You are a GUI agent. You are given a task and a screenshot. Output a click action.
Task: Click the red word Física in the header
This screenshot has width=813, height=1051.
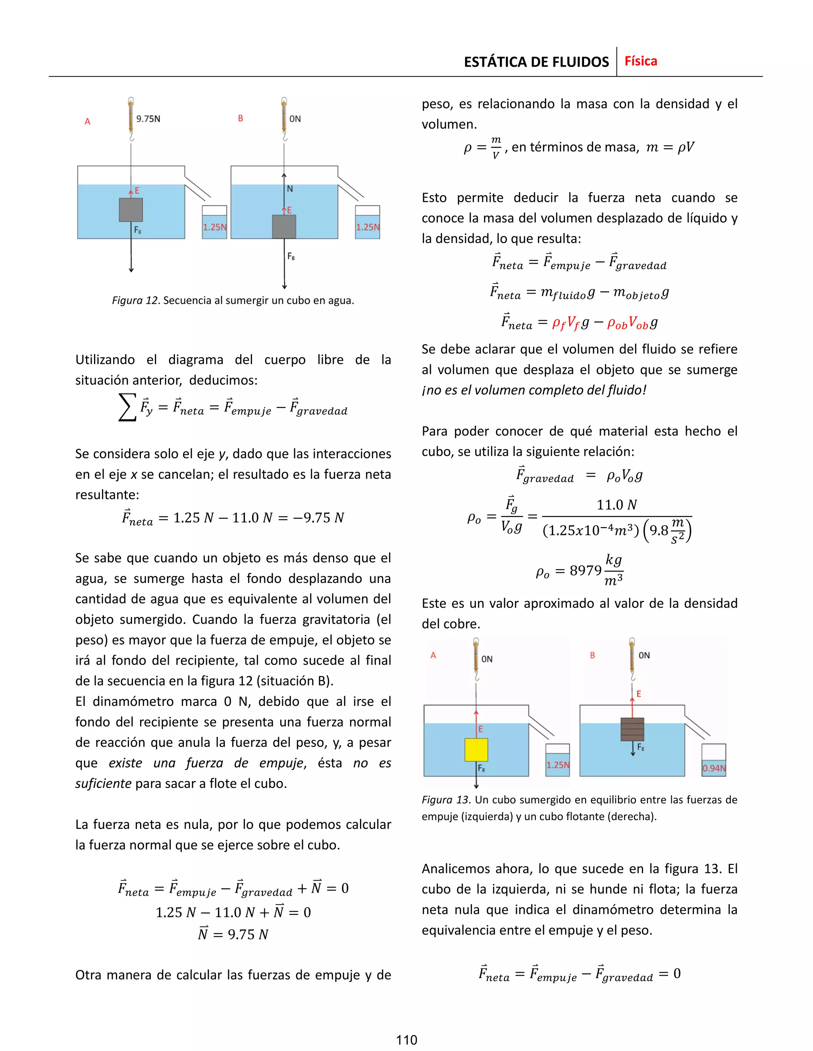coord(641,61)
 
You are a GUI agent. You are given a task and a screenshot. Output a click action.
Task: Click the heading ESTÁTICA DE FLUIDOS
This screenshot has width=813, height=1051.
coord(536,62)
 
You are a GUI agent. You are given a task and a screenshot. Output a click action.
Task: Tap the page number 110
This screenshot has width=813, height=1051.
coord(406,1040)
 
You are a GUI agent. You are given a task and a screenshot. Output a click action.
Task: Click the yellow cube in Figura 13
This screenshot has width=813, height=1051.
coord(476,750)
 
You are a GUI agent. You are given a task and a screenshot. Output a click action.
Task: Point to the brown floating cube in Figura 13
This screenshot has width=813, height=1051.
coord(632,729)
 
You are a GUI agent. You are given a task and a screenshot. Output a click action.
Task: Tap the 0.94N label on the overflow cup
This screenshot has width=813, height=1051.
coord(713,768)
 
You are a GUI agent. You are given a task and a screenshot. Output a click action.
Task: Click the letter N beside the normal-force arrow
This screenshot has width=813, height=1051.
coord(289,189)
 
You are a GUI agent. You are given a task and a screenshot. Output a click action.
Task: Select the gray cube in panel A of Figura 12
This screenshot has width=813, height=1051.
coord(131,210)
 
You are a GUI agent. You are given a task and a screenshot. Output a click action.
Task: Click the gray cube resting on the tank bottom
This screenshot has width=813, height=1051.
coord(284,226)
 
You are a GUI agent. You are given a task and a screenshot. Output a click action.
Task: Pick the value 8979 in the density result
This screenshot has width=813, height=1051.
coord(585,571)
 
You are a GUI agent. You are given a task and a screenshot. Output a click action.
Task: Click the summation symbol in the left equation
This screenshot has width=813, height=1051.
coord(127,407)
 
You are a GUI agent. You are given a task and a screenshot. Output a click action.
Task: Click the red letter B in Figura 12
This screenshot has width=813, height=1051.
coord(240,118)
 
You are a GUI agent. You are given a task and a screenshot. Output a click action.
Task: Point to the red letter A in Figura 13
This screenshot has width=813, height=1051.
coord(433,656)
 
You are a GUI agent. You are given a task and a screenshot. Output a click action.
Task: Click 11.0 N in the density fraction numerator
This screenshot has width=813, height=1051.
coord(616,505)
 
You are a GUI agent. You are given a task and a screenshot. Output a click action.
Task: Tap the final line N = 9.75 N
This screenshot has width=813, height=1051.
coord(233,934)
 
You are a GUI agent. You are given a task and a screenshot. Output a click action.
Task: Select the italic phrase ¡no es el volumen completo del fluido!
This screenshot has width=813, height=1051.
coord(534,390)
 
